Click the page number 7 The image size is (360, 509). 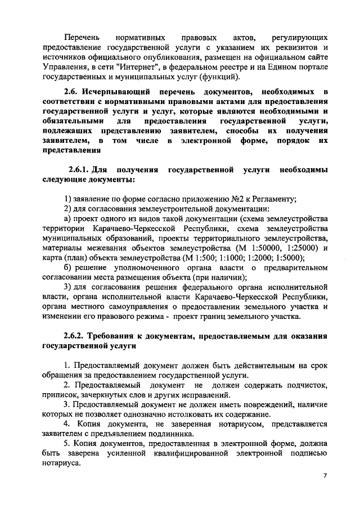325,475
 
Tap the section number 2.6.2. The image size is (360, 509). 76,336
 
